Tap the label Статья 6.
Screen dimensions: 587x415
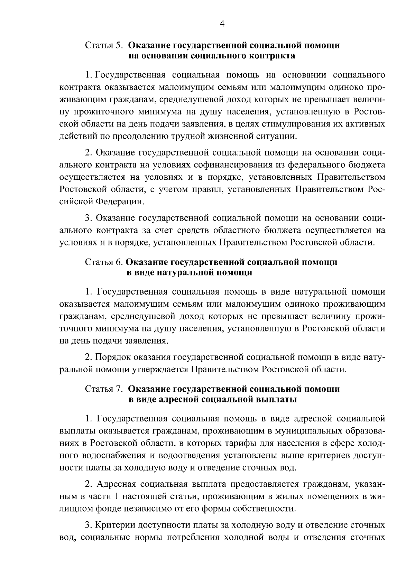104,262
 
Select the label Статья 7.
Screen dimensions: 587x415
104,389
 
